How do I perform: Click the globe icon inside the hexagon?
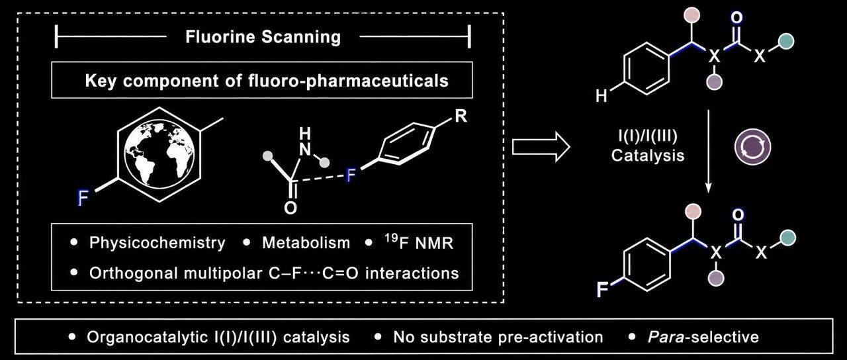(159, 154)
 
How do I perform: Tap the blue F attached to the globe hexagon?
(83, 198)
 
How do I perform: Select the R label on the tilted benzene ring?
(461, 116)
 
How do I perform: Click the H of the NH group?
(305, 133)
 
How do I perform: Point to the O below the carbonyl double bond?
(290, 208)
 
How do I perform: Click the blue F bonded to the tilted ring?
(351, 175)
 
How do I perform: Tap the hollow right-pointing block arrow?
(541, 147)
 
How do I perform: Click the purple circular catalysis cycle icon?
(752, 147)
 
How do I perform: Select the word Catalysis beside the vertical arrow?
(648, 156)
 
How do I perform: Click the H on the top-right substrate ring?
(602, 96)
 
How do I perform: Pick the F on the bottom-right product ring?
(603, 291)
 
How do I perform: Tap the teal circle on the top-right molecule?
(785, 42)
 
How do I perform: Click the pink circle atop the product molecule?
(693, 211)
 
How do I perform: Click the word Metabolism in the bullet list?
(306, 243)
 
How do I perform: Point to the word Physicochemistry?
(157, 243)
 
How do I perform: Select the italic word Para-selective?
(703, 337)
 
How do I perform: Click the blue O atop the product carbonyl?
(738, 215)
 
